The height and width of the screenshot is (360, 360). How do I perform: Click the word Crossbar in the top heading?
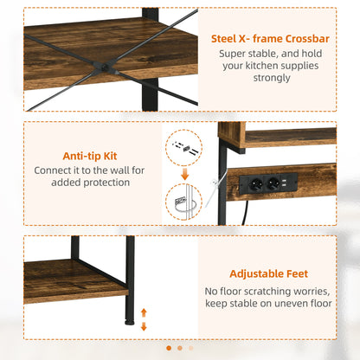(304, 38)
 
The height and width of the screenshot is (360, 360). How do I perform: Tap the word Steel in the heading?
(228, 38)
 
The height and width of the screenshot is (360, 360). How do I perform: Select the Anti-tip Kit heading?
(91, 157)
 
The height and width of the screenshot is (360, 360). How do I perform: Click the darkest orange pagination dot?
(168, 348)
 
